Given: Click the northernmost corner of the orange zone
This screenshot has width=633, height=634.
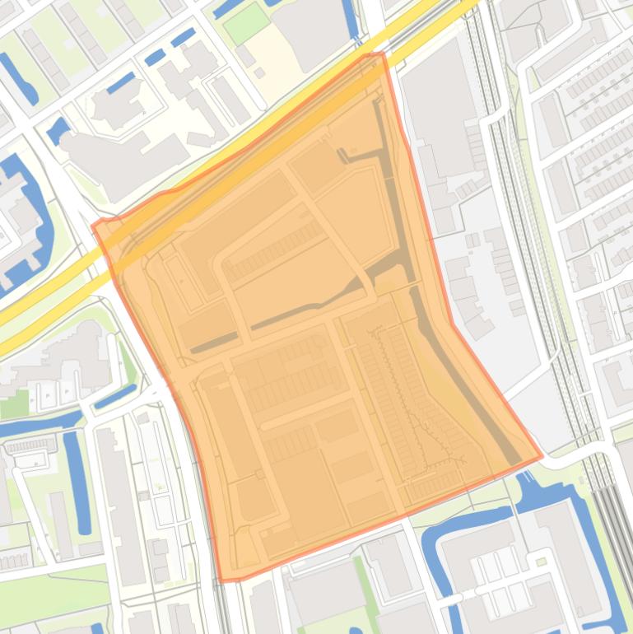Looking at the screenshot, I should click(x=380, y=54).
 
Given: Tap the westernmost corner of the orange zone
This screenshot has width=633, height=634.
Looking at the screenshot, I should click(x=93, y=224).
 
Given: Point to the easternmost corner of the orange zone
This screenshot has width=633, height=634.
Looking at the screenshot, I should click(x=542, y=455).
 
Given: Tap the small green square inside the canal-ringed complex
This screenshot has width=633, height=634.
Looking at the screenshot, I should click(x=541, y=562).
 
